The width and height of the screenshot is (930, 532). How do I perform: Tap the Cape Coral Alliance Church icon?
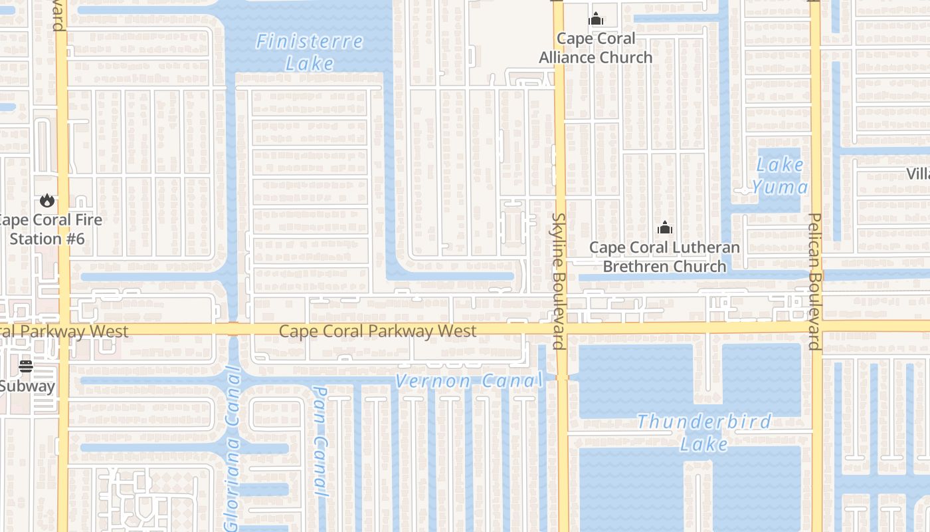pos(596,19)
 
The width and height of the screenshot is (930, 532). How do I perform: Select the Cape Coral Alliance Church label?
pos(596,48)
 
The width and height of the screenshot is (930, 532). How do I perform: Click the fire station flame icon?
pos(46,200)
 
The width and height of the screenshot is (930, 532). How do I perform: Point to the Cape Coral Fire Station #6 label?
pos(50,229)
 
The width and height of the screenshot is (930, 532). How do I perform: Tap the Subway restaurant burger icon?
pos(26,366)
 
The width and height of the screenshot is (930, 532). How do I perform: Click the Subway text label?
pos(27,386)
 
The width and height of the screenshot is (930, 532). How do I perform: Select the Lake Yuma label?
pos(780,176)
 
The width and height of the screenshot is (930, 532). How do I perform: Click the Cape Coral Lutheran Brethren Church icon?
pos(664,228)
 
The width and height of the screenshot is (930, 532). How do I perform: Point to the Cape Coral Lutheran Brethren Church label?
pos(664,257)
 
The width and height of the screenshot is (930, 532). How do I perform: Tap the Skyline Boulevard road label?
pos(558,281)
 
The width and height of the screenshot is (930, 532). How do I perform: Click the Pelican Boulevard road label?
pos(815,281)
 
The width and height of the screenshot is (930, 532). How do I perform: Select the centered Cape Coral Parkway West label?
pos(377,331)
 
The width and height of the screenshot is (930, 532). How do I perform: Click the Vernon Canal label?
pos(469,381)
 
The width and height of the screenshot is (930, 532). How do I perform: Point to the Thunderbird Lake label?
pos(704,432)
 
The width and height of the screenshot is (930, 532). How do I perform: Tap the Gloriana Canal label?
pos(232,450)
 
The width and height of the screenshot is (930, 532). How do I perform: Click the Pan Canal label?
pos(321,442)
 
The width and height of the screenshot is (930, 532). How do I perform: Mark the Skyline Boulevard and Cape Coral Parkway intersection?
pos(560,329)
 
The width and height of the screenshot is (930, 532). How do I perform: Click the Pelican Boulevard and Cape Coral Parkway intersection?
pos(816,327)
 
